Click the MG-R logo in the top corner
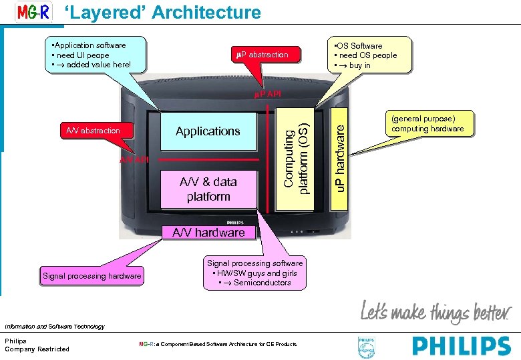(x=33, y=13)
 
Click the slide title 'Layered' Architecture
(x=162, y=12)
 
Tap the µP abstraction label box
(x=263, y=55)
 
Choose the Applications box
(x=208, y=131)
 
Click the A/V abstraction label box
(x=93, y=131)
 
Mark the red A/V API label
(x=134, y=160)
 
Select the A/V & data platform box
(x=208, y=189)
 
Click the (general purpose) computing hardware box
(x=427, y=123)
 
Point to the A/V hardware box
(x=208, y=233)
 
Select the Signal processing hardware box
(x=92, y=276)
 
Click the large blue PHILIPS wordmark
(x=462, y=345)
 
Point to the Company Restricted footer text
(x=37, y=349)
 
